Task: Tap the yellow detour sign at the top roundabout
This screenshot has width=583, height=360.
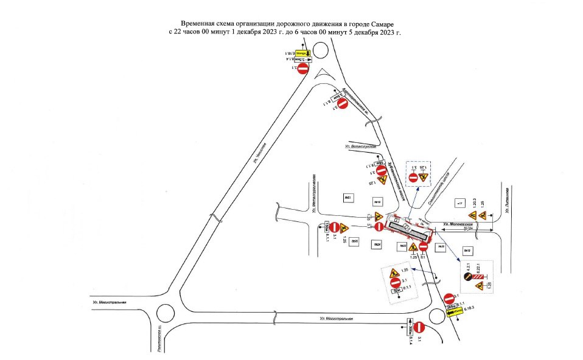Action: tap(303, 54)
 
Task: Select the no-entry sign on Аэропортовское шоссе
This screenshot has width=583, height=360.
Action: tap(342, 104)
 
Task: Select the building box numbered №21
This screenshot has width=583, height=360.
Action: tap(349, 198)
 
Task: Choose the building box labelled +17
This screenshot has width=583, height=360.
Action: tap(461, 202)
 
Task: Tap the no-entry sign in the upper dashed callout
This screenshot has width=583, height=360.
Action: tap(413, 177)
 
